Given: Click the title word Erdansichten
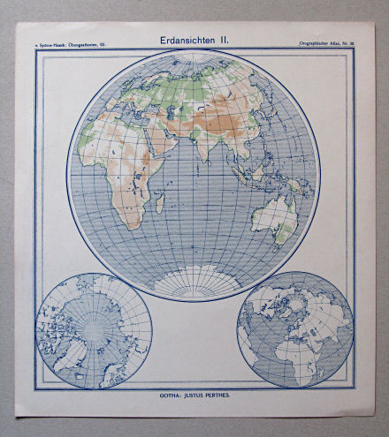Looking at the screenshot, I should coord(183,41).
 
